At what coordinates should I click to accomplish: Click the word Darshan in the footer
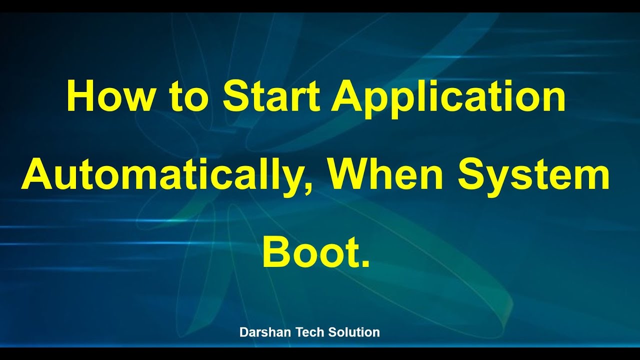262,332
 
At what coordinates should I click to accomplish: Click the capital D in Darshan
243,332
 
